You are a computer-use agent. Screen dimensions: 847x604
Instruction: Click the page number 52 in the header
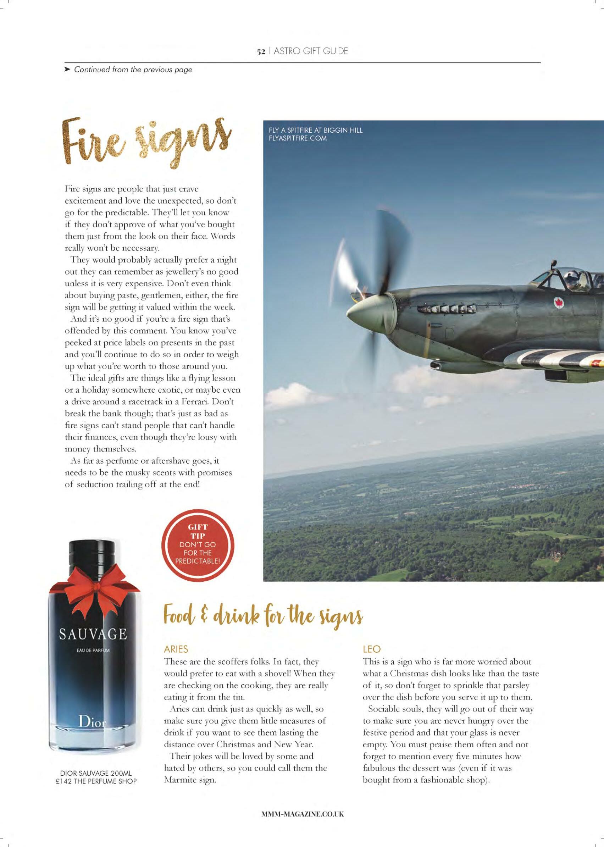(x=261, y=52)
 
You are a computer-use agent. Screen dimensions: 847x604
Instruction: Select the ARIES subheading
(x=176, y=649)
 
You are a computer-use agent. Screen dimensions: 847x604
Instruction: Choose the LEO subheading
(x=372, y=649)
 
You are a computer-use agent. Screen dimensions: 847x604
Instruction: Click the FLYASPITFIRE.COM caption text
(x=295, y=138)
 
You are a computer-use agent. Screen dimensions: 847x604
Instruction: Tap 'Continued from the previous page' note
(x=133, y=70)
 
